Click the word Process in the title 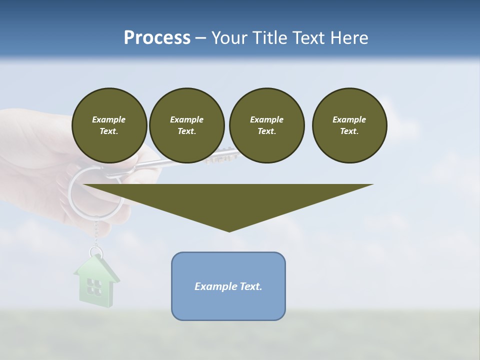pos(157,38)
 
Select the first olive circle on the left pos(109,125)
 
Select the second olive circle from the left pos(187,125)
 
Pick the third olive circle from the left pos(266,125)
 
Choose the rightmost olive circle pos(349,125)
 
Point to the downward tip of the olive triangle pos(229,230)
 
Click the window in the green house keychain pos(94,286)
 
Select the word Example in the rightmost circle pos(349,119)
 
